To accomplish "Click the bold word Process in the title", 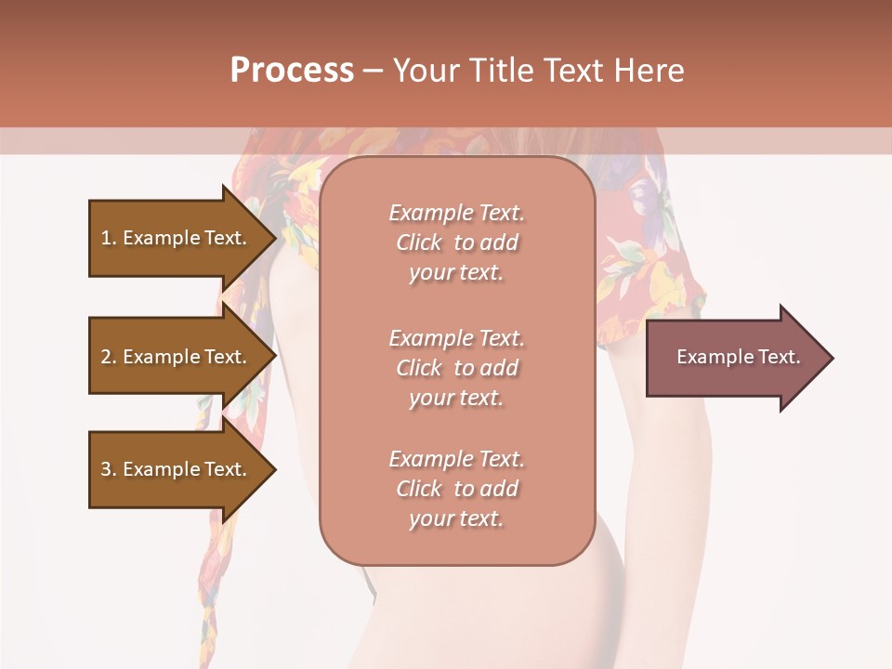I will pyautogui.click(x=292, y=71).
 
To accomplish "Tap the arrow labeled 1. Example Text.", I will pyautogui.click(x=175, y=238).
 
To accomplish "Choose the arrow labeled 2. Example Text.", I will pyautogui.click(x=175, y=357).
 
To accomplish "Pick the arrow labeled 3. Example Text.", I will pyautogui.click(x=175, y=469).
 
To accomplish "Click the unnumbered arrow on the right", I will pyautogui.click(x=734, y=358).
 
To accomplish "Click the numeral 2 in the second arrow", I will pyautogui.click(x=106, y=357).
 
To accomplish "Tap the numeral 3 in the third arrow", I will pyautogui.click(x=106, y=469).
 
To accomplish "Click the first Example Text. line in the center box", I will pyautogui.click(x=456, y=213).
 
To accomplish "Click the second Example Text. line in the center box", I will pyautogui.click(x=456, y=337).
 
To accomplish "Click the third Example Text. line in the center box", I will pyautogui.click(x=456, y=459).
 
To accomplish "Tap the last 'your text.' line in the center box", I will pyautogui.click(x=456, y=518).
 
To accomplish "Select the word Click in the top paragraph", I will pyautogui.click(x=419, y=243).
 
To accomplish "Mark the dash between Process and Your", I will pyautogui.click(x=373, y=71).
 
